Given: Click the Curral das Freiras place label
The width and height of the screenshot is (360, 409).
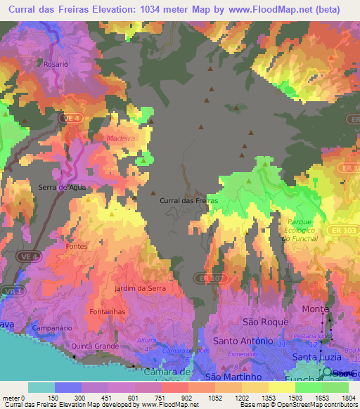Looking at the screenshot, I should [188, 200].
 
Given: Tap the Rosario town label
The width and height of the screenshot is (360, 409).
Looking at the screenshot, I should [56, 63].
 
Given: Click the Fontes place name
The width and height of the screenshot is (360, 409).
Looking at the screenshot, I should [76, 247].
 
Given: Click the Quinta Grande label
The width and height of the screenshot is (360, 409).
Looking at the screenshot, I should [93, 346].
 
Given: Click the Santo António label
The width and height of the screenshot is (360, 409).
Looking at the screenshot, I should [243, 341].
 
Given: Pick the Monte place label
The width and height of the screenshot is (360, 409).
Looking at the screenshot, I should [315, 309].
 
